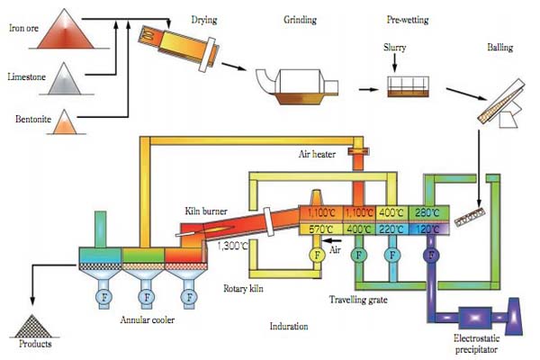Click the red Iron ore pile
[x=72, y=31]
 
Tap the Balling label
[x=500, y=45]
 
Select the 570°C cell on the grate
[x=319, y=230]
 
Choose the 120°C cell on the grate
[x=426, y=230]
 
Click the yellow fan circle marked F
[x=317, y=256]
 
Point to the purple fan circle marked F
[x=433, y=256]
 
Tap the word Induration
[x=290, y=327]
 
